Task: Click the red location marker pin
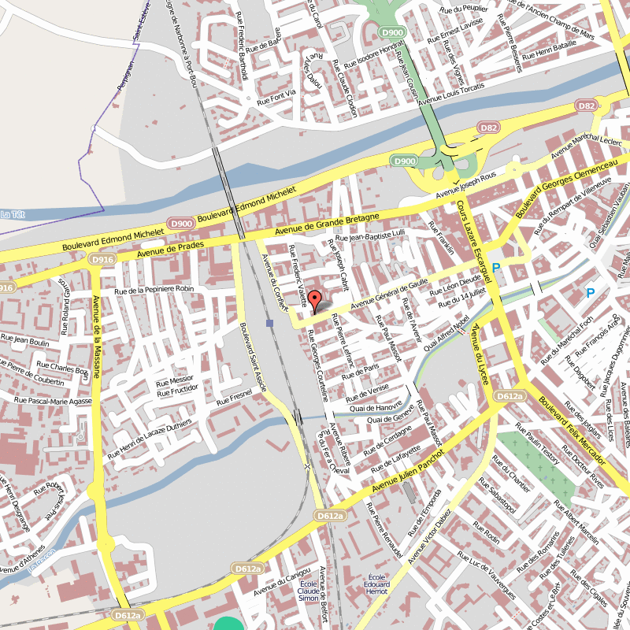pyautogui.click(x=314, y=302)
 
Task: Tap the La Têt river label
pyautogui.click(x=13, y=214)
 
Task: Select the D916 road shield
pyautogui.click(x=101, y=258)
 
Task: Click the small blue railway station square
pyautogui.click(x=270, y=323)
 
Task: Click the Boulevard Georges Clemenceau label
pyautogui.click(x=565, y=190)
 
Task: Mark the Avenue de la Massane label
pyautogui.click(x=95, y=335)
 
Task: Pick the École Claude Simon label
pyautogui.click(x=309, y=590)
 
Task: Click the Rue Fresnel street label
pyautogui.click(x=234, y=397)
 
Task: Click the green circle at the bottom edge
pyautogui.click(x=229, y=624)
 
